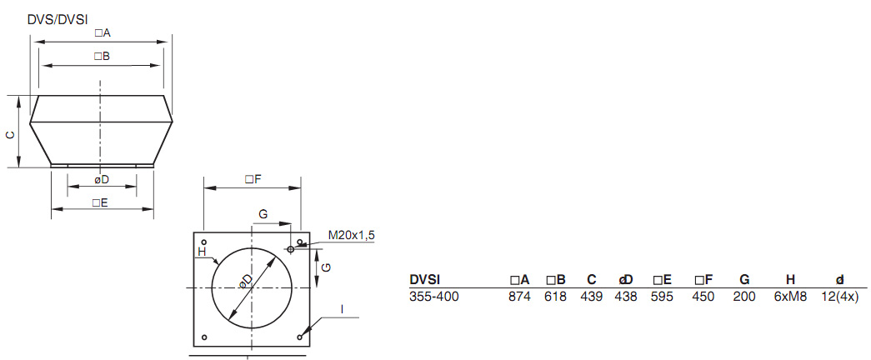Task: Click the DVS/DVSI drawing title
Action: (58, 17)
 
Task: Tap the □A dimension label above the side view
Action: (103, 33)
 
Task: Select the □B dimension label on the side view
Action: (102, 56)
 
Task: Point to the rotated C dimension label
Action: (10, 133)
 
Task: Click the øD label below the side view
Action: (101, 179)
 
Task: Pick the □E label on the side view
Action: (101, 202)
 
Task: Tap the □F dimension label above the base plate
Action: (253, 179)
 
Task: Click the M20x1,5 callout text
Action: (351, 236)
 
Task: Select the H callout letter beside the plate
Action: (201, 251)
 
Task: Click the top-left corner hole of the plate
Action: (204, 242)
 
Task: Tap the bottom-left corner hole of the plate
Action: (204, 337)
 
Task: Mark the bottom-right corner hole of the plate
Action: (299, 337)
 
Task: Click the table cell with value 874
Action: (519, 296)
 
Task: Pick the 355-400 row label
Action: (433, 296)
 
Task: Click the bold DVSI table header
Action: (424, 279)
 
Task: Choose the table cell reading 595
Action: (662, 296)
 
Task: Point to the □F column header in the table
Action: (703, 279)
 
